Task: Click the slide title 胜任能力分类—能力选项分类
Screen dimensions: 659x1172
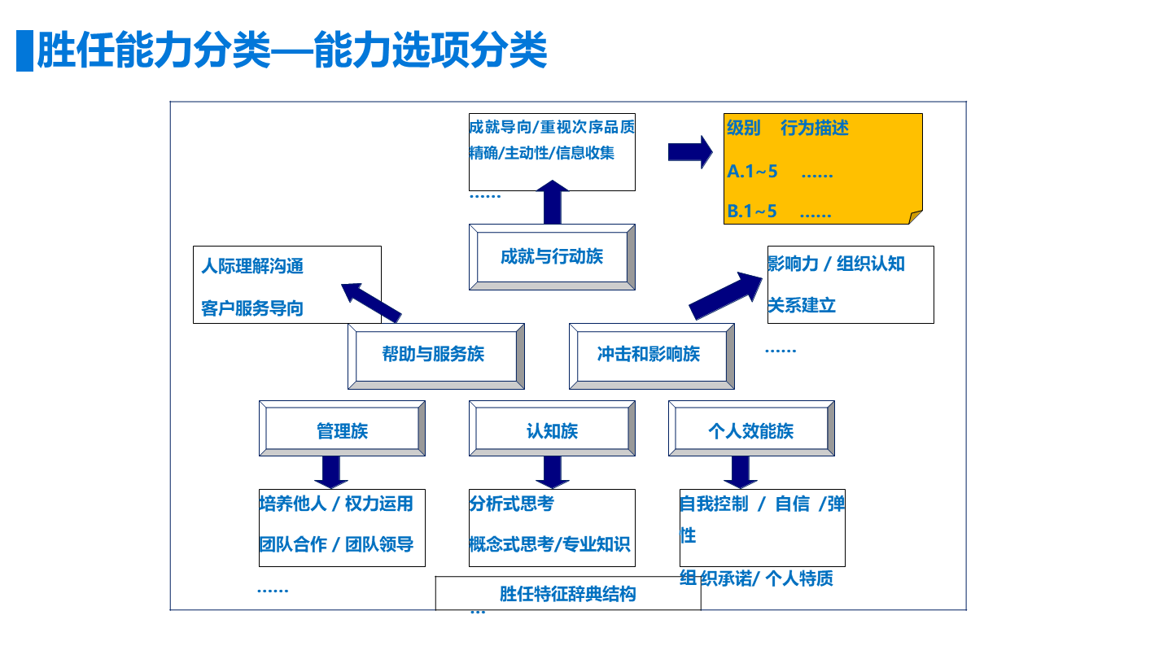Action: [291, 50]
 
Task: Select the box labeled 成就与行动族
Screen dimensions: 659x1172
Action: [552, 257]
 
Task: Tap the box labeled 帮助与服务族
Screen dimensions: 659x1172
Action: [435, 355]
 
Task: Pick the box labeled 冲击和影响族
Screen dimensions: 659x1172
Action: [650, 355]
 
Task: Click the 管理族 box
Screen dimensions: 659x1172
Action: [342, 429]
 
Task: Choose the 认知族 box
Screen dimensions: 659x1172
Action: [552, 429]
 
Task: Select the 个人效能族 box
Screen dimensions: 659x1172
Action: [750, 429]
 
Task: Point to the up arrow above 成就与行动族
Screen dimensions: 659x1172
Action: [552, 202]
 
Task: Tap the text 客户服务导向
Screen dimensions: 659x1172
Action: [252, 309]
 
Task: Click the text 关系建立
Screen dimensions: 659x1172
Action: [802, 306]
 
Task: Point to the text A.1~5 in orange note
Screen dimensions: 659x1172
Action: [752, 172]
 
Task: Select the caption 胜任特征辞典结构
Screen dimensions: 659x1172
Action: [567, 594]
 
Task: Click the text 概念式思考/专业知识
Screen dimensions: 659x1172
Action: [549, 544]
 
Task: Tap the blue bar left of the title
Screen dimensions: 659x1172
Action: [24, 50]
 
